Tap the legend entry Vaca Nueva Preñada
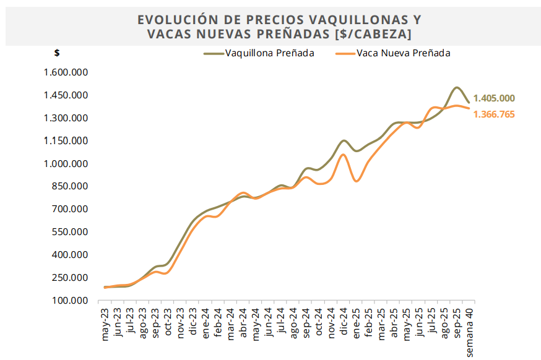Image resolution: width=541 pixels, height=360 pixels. [403, 53]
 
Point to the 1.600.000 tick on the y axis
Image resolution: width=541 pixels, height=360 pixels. [66, 72]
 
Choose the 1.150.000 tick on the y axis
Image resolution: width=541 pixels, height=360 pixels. [66, 141]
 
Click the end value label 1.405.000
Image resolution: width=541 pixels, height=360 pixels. [494, 98]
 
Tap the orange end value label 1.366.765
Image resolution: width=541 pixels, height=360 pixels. [494, 114]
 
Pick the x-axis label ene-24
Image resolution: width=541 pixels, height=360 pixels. [206, 323]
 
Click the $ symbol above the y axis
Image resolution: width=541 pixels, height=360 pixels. [57, 53]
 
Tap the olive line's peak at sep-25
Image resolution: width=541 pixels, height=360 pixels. [456, 88]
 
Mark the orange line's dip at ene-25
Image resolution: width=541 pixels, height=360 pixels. [357, 181]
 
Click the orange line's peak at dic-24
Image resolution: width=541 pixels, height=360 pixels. [344, 155]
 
